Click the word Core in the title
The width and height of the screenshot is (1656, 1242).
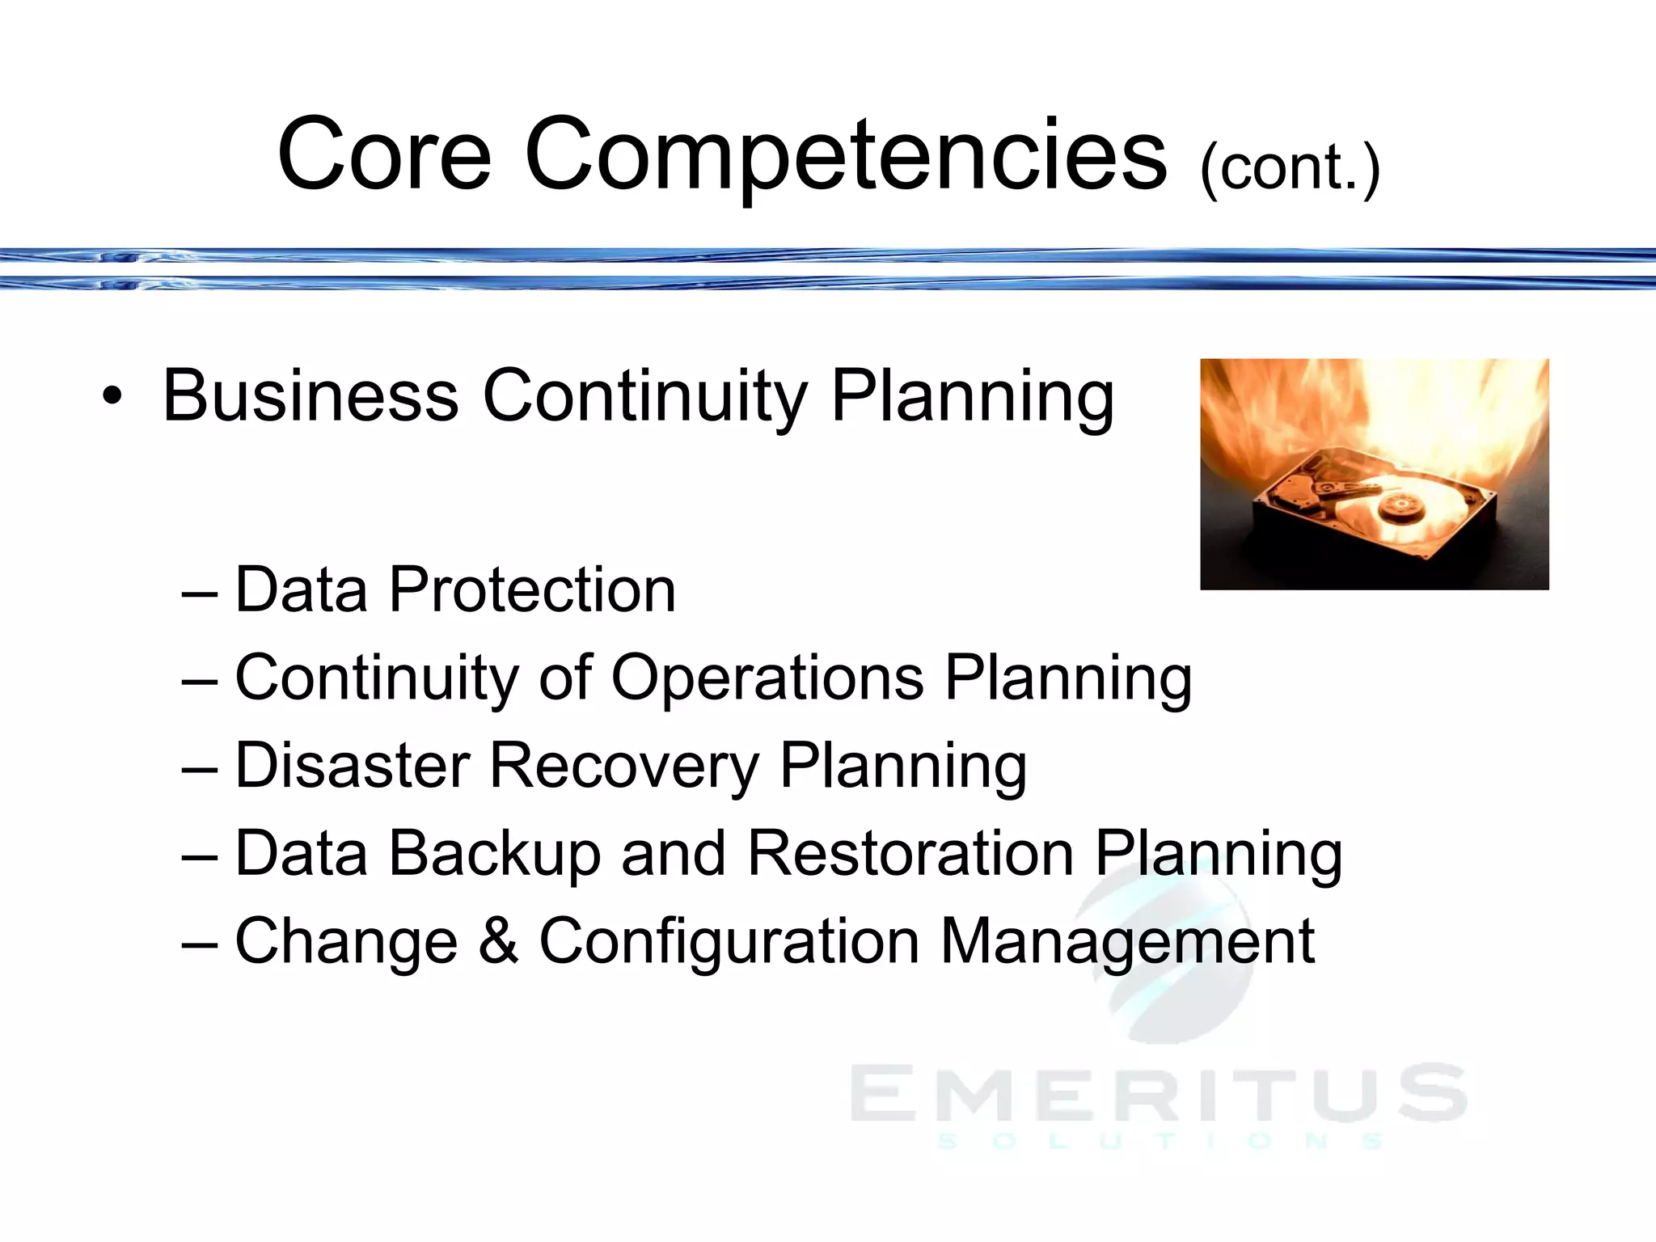(x=384, y=154)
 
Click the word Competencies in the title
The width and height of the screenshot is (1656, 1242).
(x=846, y=154)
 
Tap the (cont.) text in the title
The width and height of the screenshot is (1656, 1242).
(x=1289, y=168)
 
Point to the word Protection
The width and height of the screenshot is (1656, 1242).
(x=532, y=590)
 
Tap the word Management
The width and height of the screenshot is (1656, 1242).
(x=1127, y=942)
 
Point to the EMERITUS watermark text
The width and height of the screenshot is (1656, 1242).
(x=1158, y=1093)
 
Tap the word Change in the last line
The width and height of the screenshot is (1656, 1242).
(x=346, y=942)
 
